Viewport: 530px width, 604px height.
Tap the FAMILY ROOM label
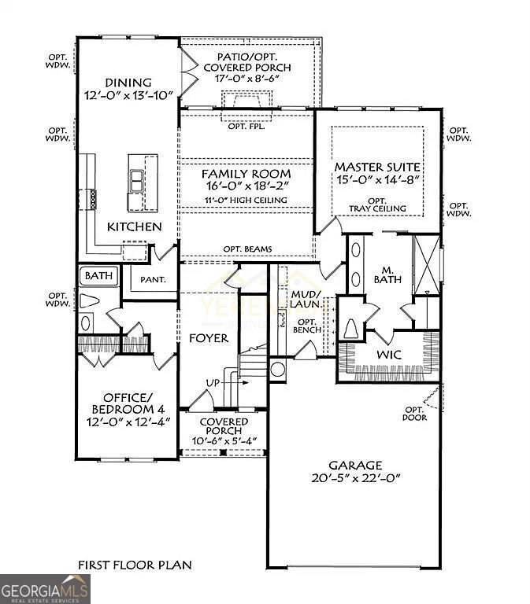click(x=246, y=173)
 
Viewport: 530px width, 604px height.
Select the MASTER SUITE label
click(x=377, y=168)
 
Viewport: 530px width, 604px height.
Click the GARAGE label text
click(x=356, y=465)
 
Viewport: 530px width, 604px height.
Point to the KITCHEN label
click(x=134, y=226)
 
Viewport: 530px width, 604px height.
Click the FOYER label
click(x=209, y=338)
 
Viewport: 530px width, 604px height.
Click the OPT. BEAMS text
click(x=248, y=249)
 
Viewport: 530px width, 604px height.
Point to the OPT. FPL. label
click(x=246, y=127)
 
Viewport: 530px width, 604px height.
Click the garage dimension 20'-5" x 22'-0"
click(x=356, y=478)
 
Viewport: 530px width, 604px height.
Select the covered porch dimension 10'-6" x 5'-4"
click(x=224, y=440)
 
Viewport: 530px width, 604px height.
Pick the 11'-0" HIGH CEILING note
click(x=246, y=201)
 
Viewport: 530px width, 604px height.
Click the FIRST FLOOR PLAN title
click(x=134, y=565)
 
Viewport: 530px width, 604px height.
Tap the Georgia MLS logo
click(x=45, y=589)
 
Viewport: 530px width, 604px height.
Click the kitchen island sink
click(x=137, y=182)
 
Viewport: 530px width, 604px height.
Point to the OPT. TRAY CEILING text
click(x=379, y=204)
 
